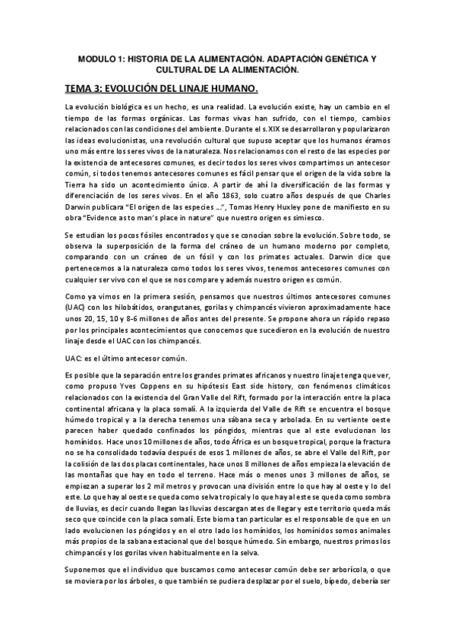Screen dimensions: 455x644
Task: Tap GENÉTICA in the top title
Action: [x=333, y=58]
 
